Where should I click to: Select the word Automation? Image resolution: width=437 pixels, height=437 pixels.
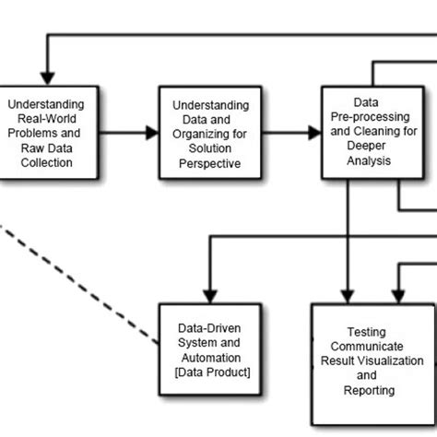211,359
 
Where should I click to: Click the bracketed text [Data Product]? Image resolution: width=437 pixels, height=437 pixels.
211,372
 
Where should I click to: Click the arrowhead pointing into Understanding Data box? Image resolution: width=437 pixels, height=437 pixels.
151,132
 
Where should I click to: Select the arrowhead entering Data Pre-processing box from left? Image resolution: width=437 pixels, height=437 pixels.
313,132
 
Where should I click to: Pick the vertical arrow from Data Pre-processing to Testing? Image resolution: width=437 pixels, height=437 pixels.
348,240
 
